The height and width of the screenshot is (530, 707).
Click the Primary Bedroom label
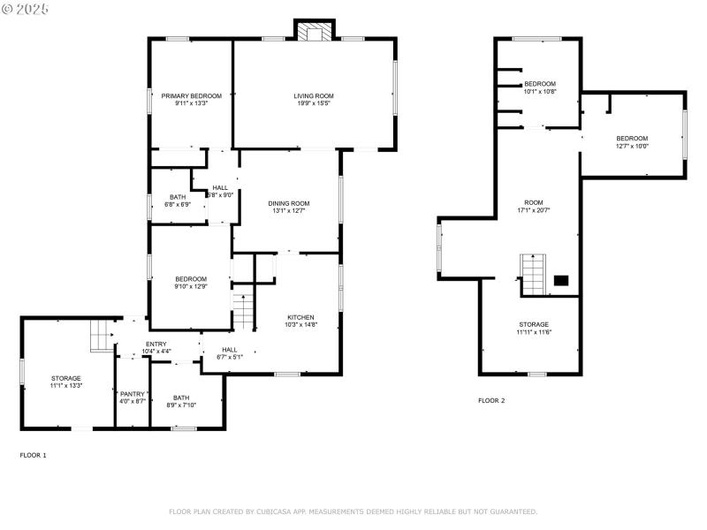[190, 95]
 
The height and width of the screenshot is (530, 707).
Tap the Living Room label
[314, 95]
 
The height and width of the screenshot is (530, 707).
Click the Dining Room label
[289, 203]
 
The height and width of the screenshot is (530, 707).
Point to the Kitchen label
[300, 317]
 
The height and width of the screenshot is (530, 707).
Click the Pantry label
[133, 394]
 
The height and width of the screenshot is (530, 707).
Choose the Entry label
[156, 344]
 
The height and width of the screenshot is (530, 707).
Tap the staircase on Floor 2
[533, 274]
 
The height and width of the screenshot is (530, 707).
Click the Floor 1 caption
[34, 455]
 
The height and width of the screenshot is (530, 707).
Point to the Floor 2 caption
[491, 400]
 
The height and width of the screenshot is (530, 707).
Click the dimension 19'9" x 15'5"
[314, 103]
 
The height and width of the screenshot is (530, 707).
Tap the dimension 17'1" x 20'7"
[534, 210]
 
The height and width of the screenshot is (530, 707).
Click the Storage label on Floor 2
[534, 324]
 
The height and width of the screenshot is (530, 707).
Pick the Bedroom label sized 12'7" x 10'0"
[632, 138]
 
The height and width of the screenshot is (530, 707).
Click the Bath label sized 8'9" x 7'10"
[181, 397]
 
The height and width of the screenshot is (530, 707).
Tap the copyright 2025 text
[26, 9]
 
